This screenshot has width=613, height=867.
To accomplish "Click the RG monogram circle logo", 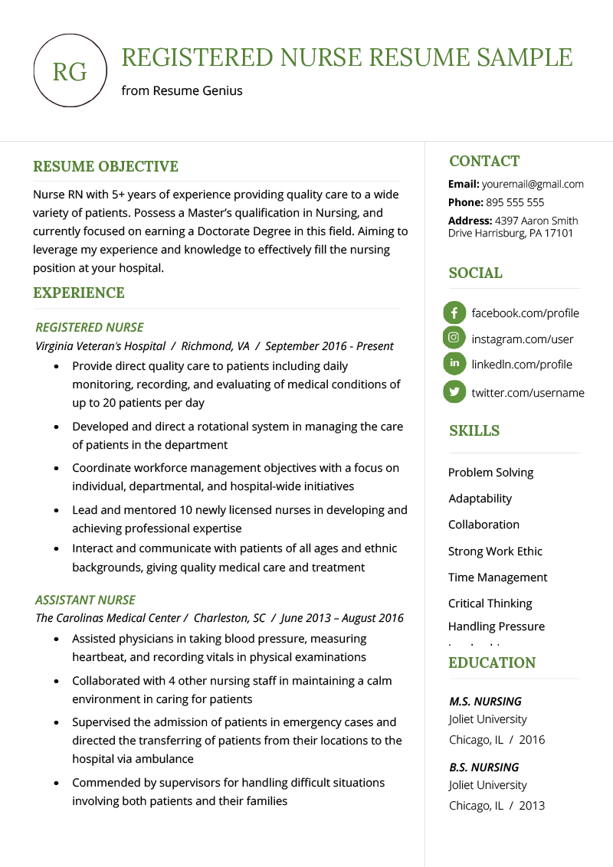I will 70,71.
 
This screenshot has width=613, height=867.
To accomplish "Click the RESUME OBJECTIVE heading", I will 106,166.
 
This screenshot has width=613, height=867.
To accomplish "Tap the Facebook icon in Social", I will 454,312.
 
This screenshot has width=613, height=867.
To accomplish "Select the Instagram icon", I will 454,338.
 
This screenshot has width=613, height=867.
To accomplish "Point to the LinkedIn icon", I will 454,363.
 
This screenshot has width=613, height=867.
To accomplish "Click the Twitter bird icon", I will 454,391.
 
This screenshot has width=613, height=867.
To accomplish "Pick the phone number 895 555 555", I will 514,202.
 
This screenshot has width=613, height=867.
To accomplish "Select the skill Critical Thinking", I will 490,603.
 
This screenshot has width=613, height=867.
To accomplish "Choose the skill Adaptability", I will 480,498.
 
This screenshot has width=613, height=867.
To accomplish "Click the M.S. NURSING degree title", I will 485,701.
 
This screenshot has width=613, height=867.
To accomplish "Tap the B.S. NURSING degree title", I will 484,767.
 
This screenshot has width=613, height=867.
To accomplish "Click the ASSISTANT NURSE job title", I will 85,600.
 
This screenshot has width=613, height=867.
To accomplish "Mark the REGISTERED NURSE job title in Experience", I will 90,327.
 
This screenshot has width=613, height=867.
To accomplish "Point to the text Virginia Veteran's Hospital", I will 100,346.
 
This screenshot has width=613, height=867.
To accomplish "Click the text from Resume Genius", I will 182,90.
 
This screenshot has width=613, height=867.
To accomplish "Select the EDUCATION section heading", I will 492,663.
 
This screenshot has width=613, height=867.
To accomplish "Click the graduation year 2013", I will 532,806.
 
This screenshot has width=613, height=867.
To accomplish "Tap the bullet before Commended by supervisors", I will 57,784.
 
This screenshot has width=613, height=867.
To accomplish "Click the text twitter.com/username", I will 527,392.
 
